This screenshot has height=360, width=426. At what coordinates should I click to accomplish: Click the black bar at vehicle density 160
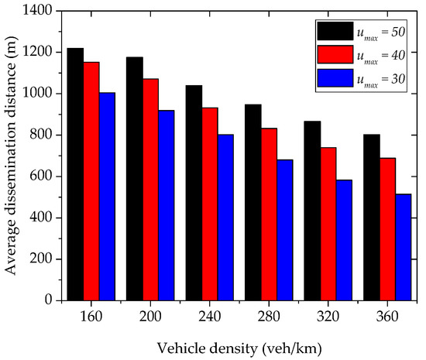(x=75, y=173)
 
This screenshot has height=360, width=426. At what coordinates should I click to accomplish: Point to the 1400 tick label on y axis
(x=39, y=12)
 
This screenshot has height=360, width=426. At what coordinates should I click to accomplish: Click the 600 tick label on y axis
(x=43, y=177)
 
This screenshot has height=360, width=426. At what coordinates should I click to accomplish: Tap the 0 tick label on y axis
(x=50, y=300)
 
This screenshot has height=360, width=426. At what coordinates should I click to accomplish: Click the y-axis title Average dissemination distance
(x=13, y=155)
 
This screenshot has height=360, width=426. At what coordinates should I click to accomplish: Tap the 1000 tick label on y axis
(x=39, y=94)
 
